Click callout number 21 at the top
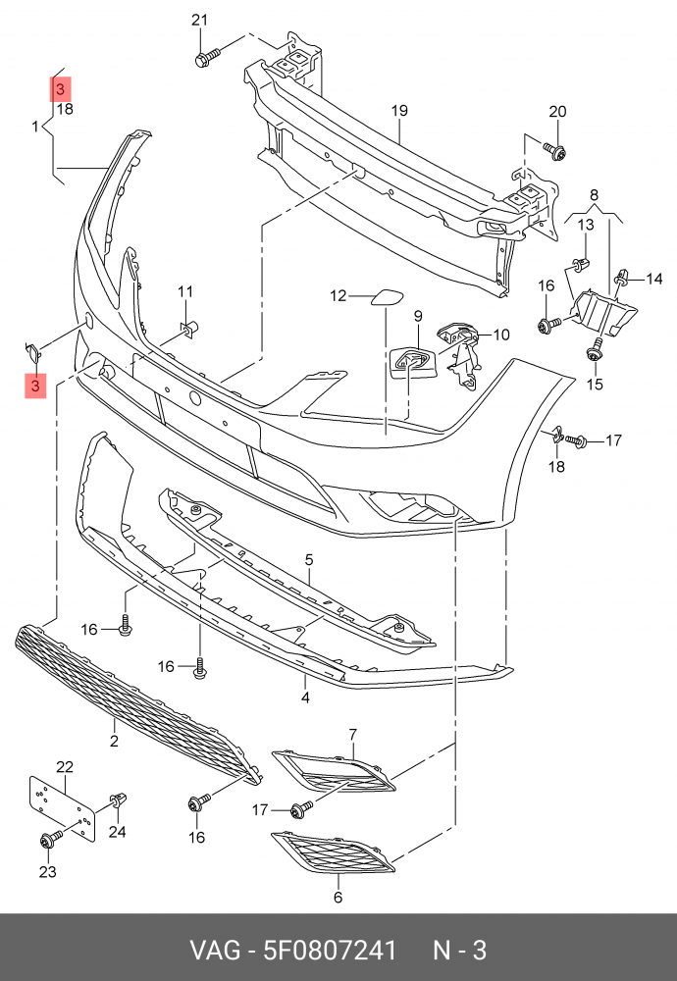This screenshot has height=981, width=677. (199, 20)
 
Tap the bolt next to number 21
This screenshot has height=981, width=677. (206, 58)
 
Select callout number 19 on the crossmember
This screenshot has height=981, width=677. (399, 111)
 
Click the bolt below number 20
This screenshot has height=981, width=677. (554, 150)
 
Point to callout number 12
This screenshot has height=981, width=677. (338, 295)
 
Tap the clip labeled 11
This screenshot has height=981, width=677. (188, 326)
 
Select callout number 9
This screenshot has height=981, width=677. (417, 316)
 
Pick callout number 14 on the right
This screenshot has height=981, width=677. (653, 279)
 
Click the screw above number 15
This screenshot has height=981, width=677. (595, 350)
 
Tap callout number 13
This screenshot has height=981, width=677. (586, 224)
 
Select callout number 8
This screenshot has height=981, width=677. (594, 194)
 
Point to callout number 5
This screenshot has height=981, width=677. (309, 559)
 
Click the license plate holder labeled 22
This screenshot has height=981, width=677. (61, 808)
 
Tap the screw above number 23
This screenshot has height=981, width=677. (51, 839)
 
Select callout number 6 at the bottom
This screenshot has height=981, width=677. (338, 898)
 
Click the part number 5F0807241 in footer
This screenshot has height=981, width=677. (330, 951)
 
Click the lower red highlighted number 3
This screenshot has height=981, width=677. (35, 386)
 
